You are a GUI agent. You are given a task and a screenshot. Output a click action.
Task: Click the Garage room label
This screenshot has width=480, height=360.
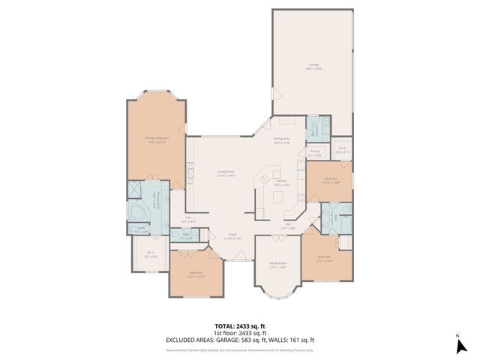tap(314, 66)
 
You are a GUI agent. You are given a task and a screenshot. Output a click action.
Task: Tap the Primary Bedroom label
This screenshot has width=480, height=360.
tap(157, 139)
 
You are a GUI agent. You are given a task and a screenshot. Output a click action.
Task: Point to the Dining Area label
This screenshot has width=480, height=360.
tap(281, 140)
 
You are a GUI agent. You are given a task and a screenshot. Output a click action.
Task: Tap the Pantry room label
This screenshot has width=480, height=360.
tap(316, 152)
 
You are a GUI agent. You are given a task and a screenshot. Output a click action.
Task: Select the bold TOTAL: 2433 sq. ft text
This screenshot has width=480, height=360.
tap(239, 326)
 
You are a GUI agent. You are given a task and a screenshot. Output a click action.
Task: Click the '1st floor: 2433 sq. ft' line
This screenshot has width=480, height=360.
tap(239, 334)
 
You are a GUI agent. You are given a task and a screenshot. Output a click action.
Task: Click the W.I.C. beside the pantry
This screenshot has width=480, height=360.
tap(342, 150)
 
